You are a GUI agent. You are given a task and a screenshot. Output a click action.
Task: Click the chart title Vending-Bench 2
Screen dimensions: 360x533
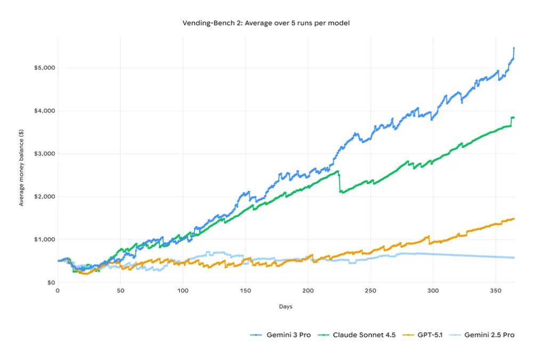click(x=265, y=23)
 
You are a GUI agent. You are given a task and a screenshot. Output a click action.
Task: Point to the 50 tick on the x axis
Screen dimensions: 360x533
click(x=120, y=291)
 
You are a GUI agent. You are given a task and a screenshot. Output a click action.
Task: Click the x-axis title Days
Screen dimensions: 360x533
click(x=285, y=307)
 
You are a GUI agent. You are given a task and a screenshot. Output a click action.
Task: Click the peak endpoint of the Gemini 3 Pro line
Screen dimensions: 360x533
click(x=514, y=48)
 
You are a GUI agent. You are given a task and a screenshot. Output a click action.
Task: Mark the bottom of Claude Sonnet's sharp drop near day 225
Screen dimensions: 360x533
click(x=340, y=192)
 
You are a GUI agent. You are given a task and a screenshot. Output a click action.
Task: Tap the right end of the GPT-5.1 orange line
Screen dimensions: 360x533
click(x=514, y=219)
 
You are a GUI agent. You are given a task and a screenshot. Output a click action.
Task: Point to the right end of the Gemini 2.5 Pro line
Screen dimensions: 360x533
click(x=514, y=258)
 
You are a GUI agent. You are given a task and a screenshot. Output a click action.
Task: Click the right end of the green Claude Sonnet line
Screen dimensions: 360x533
click(x=514, y=117)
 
